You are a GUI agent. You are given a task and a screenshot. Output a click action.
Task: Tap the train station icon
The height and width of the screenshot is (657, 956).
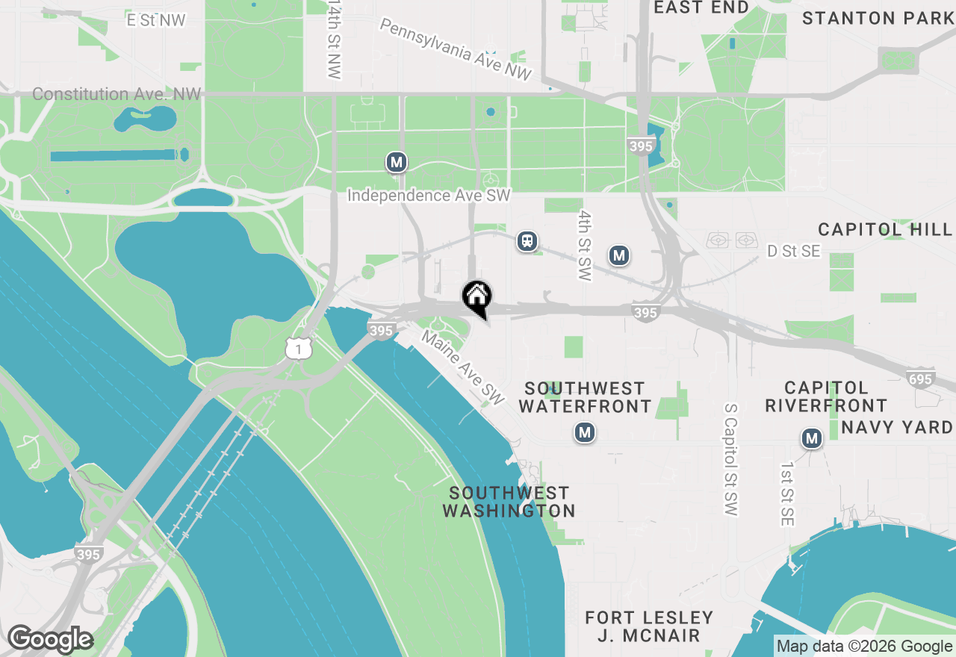527,241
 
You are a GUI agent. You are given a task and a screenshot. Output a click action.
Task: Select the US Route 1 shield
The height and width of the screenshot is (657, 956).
299,348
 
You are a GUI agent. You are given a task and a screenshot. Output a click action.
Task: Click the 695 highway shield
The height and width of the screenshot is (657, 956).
920,379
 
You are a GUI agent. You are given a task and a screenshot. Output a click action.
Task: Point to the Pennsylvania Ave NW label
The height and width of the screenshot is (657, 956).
456,50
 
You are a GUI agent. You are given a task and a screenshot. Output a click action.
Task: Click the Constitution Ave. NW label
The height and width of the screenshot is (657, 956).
117,94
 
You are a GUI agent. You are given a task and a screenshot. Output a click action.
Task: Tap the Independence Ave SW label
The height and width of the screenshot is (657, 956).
429,196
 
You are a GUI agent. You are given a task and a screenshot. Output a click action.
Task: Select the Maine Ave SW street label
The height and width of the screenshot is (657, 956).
463,364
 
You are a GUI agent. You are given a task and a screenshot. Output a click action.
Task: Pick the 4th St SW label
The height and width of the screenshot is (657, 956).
584,245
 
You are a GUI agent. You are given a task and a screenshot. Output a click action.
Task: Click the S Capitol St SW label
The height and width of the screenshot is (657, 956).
730,459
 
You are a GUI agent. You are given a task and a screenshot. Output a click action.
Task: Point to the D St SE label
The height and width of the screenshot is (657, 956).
794,252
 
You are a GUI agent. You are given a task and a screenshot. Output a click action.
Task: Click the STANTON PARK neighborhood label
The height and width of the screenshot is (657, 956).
878,18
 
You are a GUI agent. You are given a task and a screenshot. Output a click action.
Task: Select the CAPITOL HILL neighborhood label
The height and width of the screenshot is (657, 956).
886,229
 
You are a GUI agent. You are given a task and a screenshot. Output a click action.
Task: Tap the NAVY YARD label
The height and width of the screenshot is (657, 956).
897,427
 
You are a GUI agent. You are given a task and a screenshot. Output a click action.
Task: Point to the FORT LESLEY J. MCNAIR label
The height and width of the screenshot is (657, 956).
649,627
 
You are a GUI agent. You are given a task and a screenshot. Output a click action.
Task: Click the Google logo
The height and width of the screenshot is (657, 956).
50,639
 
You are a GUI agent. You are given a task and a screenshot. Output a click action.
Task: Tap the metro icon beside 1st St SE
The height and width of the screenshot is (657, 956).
812,438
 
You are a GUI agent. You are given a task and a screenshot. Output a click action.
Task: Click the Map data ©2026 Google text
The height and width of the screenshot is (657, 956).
864,647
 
